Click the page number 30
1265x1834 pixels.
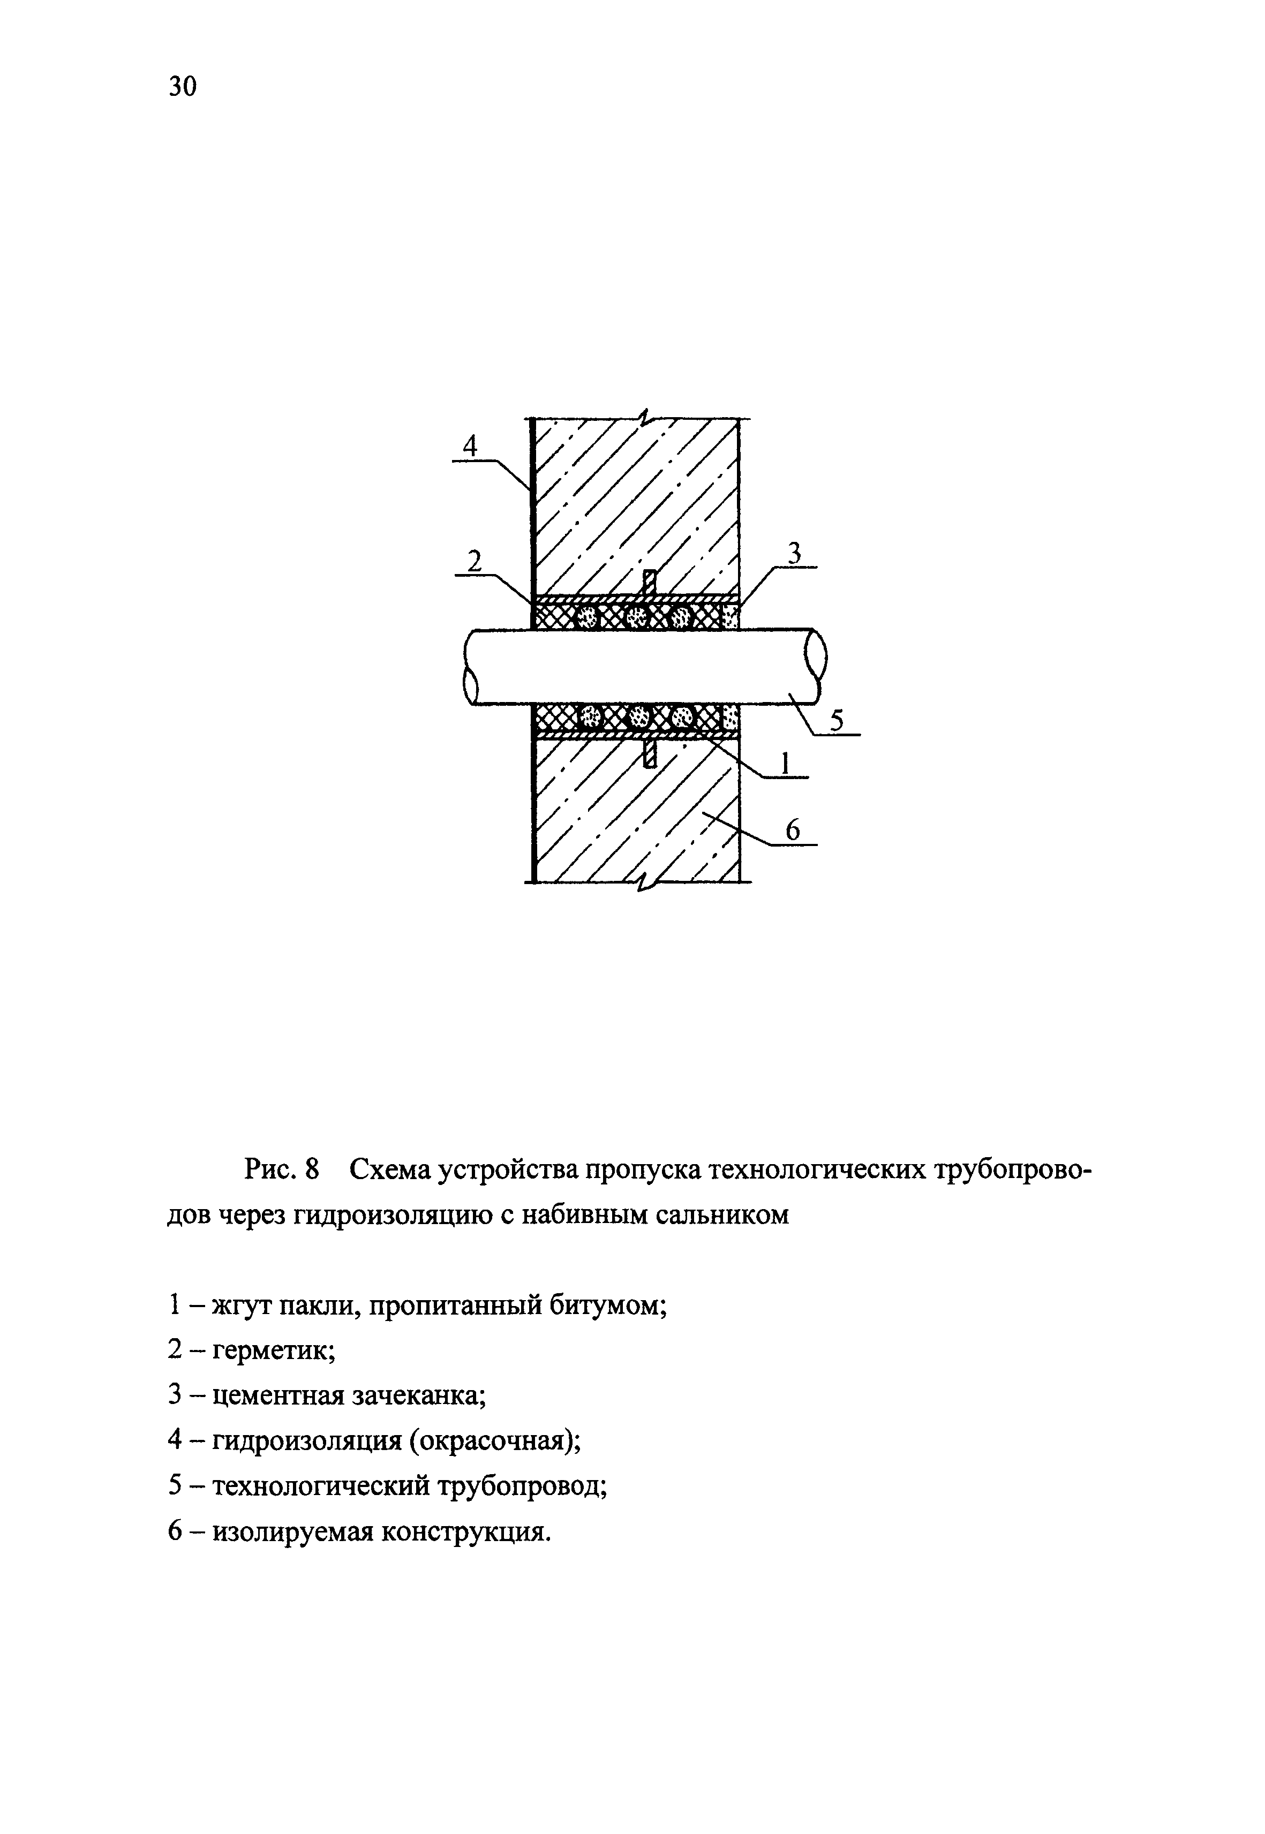[182, 86]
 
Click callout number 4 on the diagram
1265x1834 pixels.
[471, 446]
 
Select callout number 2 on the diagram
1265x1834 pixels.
[475, 561]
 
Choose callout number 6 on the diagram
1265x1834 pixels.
[793, 830]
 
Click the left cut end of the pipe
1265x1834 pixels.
[471, 665]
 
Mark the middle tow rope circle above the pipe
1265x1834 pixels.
[636, 617]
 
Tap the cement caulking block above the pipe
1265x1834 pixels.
[730, 616]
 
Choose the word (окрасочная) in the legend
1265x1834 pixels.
[494, 1440]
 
